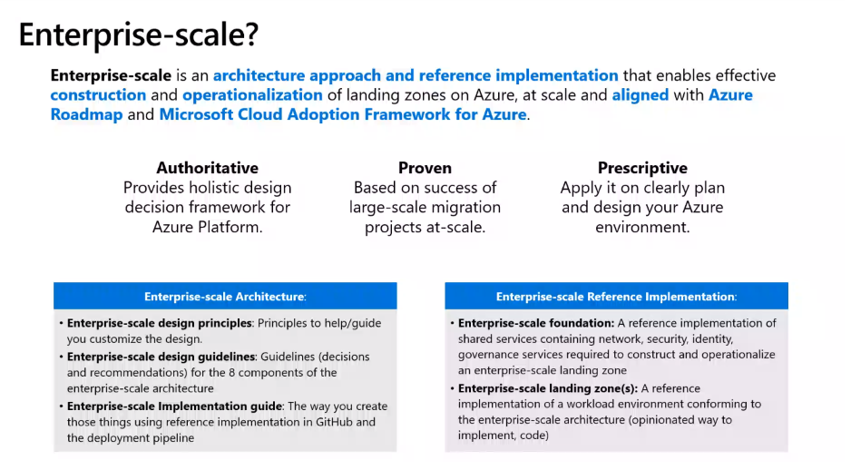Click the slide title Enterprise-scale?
tap(139, 34)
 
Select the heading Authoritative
tap(208, 168)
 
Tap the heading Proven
tap(425, 168)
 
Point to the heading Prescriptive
tap(642, 168)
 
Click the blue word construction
tap(98, 95)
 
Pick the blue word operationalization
tap(252, 95)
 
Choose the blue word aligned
tap(641, 95)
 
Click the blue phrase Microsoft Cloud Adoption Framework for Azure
tap(343, 114)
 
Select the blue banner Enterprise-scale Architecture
tap(225, 297)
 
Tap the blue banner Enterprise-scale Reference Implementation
tap(617, 297)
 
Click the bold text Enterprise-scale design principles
tap(160, 323)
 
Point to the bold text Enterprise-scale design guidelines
tap(161, 357)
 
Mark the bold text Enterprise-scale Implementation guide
tap(175, 406)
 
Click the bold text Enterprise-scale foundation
tap(536, 323)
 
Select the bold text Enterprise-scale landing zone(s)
tap(548, 388)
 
